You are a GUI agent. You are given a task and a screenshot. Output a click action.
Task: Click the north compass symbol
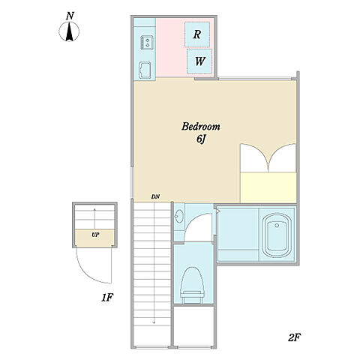69,31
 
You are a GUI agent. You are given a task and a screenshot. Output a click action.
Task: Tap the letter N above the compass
70,16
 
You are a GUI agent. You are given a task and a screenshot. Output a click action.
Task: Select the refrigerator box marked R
197,34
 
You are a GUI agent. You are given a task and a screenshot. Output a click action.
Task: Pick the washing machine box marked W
199,61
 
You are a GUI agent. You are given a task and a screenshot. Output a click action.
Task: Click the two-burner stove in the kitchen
147,43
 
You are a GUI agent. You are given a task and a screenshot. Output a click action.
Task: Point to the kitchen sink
145,70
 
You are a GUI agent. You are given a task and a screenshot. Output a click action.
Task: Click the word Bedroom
201,127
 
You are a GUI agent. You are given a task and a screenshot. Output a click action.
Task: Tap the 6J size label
201,139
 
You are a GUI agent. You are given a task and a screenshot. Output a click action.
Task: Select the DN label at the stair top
155,196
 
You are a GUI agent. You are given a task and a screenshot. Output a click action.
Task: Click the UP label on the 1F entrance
95,235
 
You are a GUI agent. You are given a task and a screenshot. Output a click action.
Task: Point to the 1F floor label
107,298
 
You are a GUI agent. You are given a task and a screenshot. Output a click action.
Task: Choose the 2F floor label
294,337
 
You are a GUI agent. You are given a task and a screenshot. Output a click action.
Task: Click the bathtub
277,235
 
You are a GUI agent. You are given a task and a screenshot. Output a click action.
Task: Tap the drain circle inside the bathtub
277,226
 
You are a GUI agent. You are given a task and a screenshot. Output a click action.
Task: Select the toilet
193,285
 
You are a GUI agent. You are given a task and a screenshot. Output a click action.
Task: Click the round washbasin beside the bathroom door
179,215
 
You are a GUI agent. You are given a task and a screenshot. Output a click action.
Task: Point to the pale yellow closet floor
268,187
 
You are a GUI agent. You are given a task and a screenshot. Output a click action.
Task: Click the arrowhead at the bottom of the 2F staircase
154,322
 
